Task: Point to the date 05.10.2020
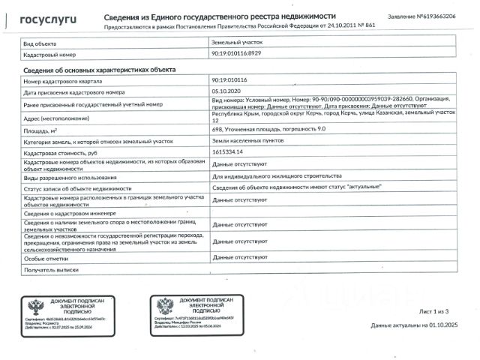coord(227,91)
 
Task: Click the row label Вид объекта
coord(41,44)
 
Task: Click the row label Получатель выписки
coord(52,268)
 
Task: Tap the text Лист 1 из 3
coord(436,310)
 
